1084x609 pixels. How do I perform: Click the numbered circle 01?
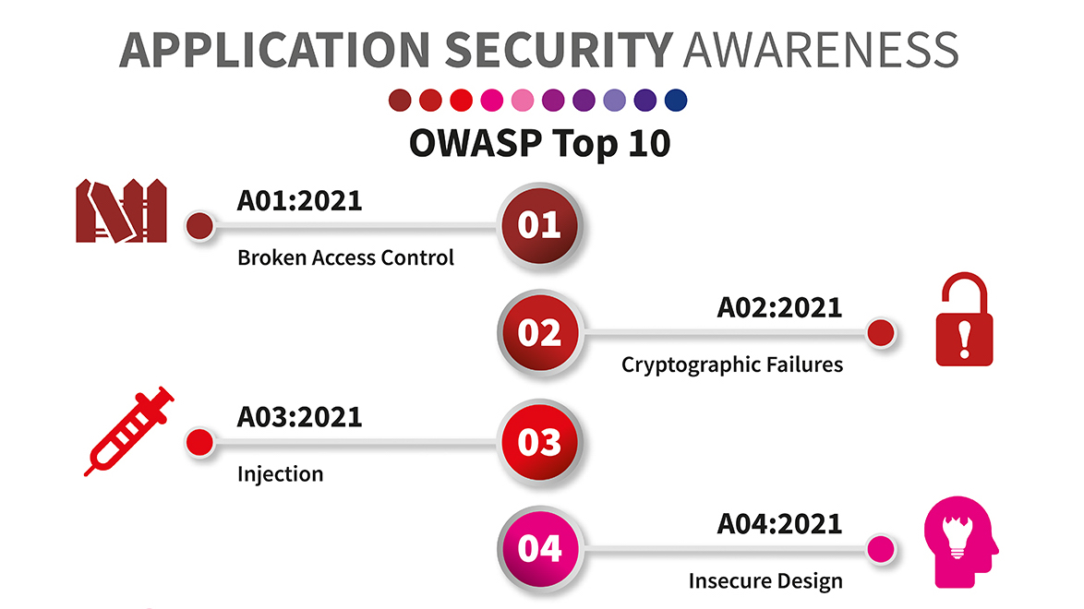539,225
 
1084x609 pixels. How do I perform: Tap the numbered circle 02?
539,332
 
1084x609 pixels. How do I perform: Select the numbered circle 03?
539,441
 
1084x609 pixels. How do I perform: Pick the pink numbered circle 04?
539,549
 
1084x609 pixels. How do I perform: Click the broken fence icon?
122,210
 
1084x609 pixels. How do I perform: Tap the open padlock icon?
964,319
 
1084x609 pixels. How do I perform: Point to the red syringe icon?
128,431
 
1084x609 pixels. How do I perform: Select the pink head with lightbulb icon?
960,542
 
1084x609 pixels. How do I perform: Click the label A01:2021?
299,201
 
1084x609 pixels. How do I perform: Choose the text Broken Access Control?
345,257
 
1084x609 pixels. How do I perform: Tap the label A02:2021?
780,307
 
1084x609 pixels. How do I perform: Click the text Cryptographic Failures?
732,364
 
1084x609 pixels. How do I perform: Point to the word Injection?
280,474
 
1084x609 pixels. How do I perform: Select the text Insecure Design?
765,580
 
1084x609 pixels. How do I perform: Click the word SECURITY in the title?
559,50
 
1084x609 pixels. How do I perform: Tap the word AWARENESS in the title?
821,50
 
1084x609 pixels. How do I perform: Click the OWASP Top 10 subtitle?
540,144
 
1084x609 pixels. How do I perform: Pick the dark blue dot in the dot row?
676,101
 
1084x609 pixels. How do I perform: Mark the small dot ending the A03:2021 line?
199,442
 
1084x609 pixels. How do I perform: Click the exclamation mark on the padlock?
964,340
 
